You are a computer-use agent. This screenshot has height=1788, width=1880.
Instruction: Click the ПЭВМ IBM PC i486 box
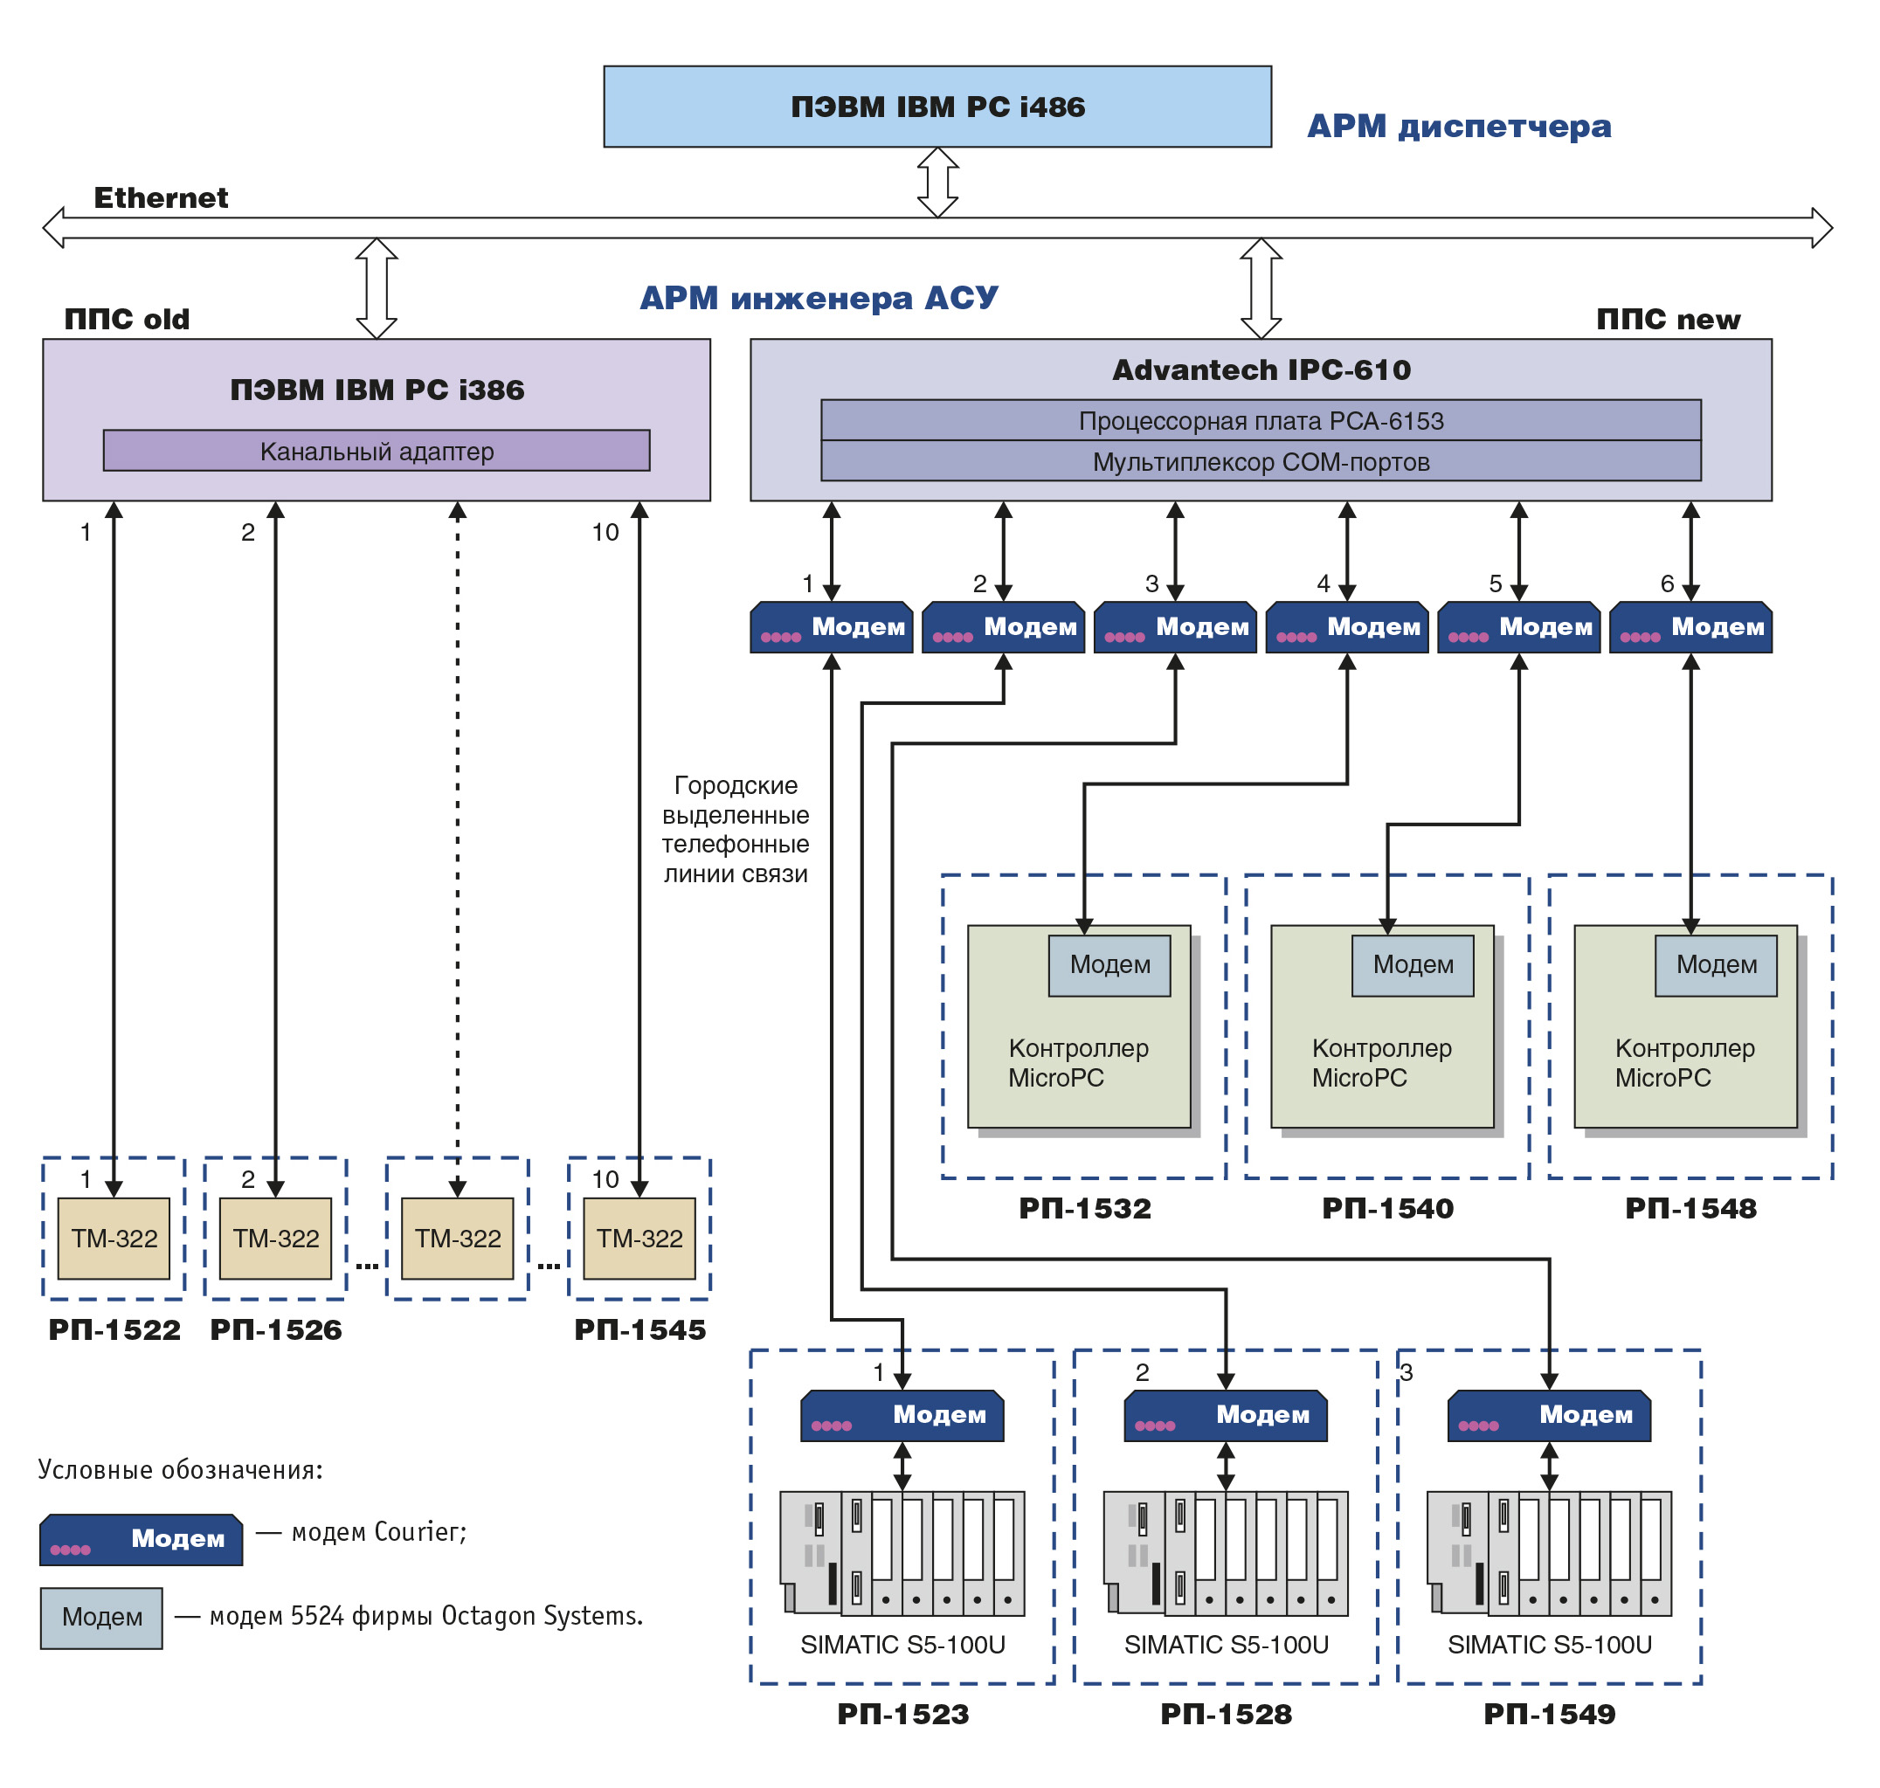pos(937,106)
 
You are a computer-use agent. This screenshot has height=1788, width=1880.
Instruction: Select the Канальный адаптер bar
pos(377,450)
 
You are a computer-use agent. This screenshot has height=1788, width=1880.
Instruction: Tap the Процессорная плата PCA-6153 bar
pos(1261,420)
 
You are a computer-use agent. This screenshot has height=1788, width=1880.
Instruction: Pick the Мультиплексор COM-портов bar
pos(1261,461)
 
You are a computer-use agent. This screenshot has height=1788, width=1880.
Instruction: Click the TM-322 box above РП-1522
pos(114,1238)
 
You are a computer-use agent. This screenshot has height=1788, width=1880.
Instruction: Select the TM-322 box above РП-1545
pos(639,1238)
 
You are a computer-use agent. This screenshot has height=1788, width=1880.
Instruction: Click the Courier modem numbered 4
pos(1346,626)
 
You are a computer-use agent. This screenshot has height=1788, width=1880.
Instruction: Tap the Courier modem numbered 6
pos(1690,626)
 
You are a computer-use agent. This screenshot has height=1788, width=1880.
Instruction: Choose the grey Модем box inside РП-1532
pos(1109,964)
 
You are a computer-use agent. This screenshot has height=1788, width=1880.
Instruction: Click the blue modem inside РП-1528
pos(1225,1414)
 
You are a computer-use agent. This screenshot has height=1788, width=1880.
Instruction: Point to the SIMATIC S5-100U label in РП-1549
pos(1549,1644)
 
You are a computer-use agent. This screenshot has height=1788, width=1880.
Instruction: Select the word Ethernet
pos(160,197)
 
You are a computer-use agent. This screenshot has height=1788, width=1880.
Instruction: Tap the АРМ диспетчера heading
pos(1459,126)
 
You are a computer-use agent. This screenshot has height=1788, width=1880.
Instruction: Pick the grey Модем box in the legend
pos(101,1618)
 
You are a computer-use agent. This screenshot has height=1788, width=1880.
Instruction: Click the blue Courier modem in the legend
pos(142,1538)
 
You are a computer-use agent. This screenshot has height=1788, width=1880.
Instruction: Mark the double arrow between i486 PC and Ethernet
pos(937,182)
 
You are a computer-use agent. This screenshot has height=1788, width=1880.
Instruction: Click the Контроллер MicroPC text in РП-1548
pos(1683,1063)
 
